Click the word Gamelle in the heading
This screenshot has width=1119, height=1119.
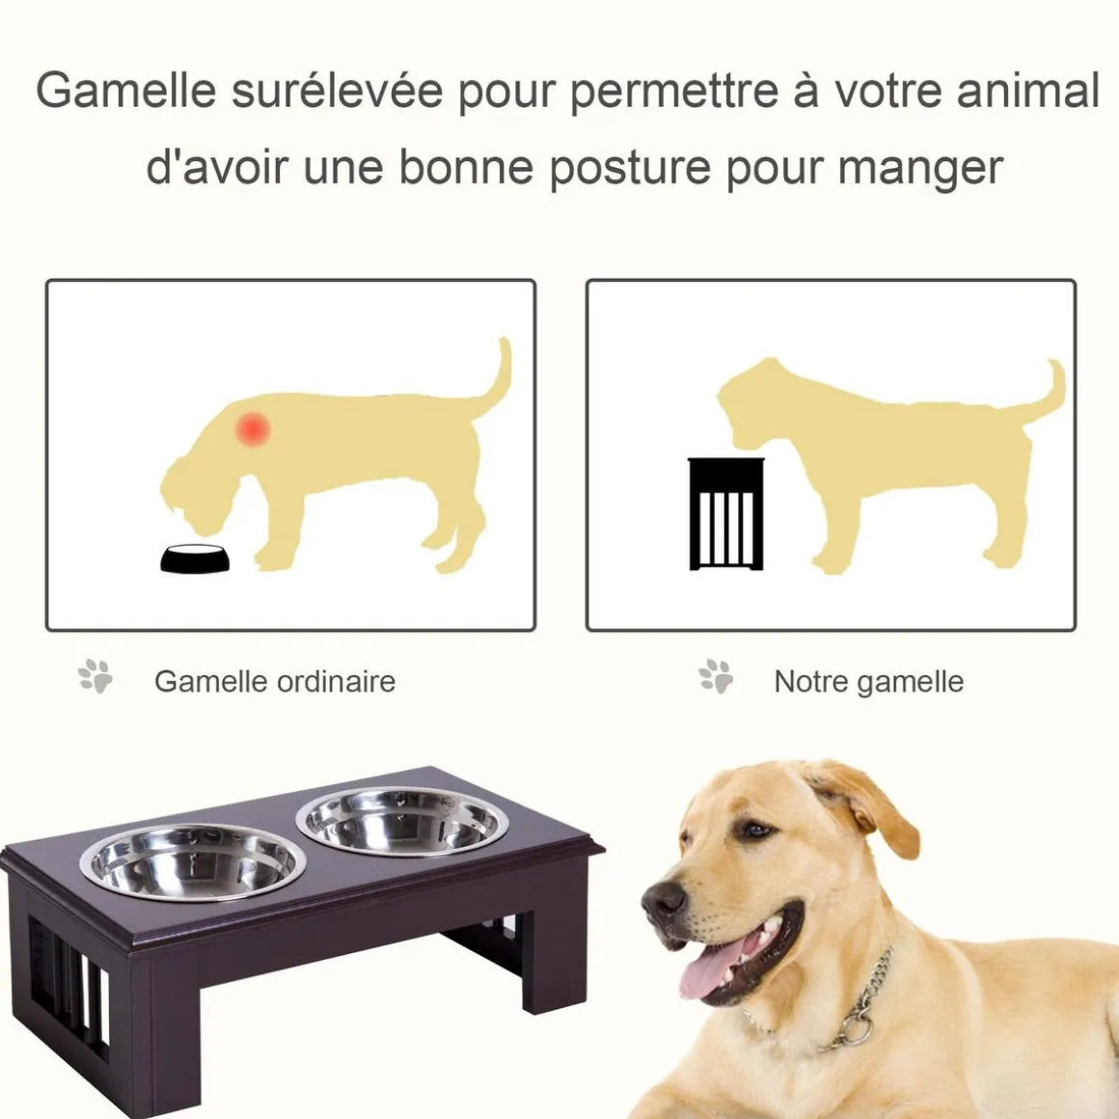click(x=125, y=91)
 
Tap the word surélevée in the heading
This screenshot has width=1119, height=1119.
click(x=337, y=91)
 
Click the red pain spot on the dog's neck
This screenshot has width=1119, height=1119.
click(x=253, y=428)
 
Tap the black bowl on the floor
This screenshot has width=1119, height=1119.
click(x=196, y=559)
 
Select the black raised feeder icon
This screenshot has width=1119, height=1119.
click(x=726, y=514)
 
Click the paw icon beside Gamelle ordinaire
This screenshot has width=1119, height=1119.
click(x=96, y=676)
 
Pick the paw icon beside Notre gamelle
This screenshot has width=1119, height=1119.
click(x=716, y=676)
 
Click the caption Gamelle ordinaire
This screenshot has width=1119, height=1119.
click(x=275, y=682)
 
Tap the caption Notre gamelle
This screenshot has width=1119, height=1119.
click(x=868, y=682)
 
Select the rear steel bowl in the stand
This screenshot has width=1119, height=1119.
click(x=402, y=822)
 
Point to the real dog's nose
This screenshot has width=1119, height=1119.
click(x=663, y=899)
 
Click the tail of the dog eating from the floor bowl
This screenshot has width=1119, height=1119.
click(x=496, y=381)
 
